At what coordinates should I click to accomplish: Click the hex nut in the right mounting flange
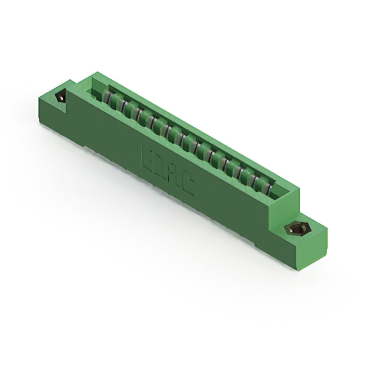(295, 229)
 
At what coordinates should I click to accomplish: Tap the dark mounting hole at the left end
(60, 96)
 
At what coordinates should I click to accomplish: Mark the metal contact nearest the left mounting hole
(107, 98)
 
